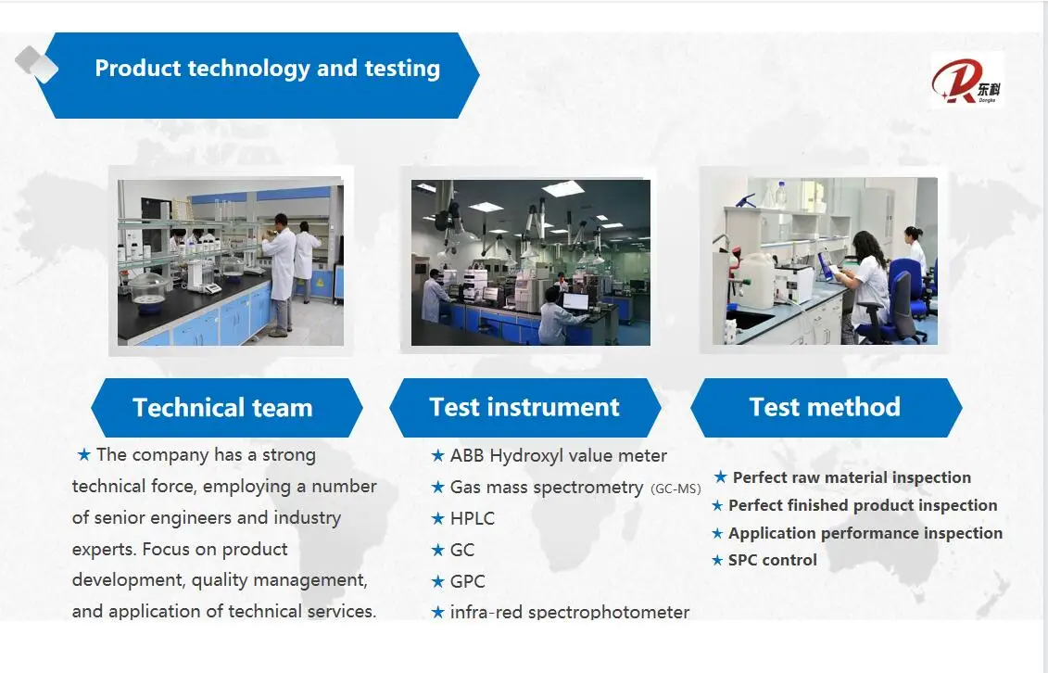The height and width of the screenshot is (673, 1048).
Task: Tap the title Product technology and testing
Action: (x=268, y=69)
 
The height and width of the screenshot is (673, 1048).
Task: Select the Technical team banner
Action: (x=227, y=408)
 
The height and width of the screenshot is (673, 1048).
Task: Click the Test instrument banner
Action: (x=524, y=408)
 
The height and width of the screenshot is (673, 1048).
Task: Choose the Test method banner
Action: (x=827, y=408)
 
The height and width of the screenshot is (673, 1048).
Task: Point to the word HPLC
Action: (x=473, y=518)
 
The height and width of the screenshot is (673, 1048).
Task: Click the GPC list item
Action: (x=467, y=581)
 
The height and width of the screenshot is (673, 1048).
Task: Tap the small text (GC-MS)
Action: (x=676, y=489)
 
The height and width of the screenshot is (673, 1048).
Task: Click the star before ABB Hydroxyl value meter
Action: (x=437, y=456)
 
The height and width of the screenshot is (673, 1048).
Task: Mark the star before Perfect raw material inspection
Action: (x=720, y=476)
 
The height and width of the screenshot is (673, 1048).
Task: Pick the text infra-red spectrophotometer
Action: (x=570, y=612)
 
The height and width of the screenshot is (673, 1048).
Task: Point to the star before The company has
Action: (x=83, y=454)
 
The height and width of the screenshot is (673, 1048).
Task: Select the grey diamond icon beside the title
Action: (x=36, y=63)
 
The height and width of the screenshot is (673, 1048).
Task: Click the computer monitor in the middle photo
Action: (x=575, y=301)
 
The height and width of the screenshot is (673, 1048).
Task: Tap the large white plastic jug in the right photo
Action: (x=755, y=281)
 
